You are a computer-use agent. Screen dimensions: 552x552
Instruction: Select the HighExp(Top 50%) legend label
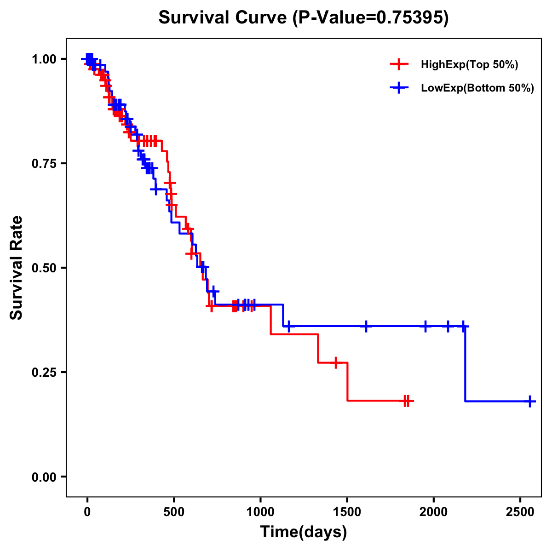point(469,65)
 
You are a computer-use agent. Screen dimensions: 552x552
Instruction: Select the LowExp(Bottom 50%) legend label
point(477,88)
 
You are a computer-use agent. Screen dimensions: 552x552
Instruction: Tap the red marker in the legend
point(399,65)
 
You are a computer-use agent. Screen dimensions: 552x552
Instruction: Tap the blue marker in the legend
point(399,88)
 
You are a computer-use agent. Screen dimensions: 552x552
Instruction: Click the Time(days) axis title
point(304,532)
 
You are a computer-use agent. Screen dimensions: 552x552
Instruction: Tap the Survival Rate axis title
point(17,268)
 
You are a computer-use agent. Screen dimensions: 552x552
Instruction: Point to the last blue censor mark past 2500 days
point(530,401)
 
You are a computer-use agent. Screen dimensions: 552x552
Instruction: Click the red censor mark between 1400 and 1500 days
point(336,362)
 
